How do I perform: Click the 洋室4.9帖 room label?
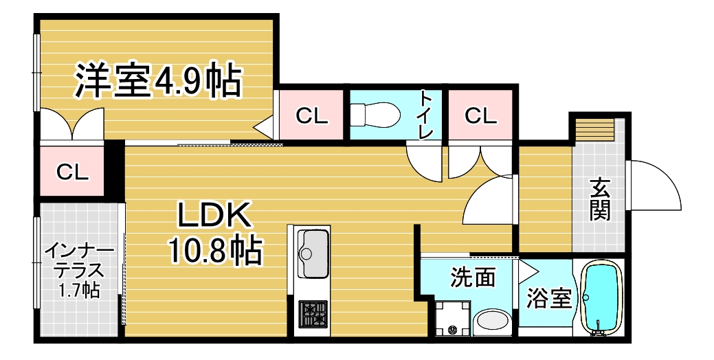(157, 81)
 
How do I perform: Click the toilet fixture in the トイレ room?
(375, 114)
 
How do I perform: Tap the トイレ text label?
(426, 114)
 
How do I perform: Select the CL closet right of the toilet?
(480, 115)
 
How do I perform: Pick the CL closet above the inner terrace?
(72, 172)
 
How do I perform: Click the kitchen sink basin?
(313, 250)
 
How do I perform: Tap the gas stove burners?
(313, 315)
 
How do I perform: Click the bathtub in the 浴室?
(602, 297)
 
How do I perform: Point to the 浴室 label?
(549, 299)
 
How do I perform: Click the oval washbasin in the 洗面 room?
(493, 321)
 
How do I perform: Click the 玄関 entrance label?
(599, 199)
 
